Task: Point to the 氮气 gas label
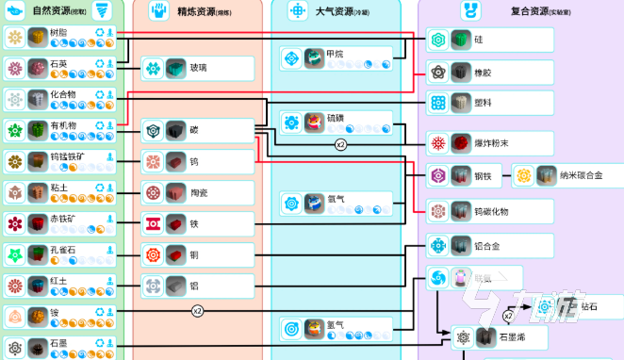(336, 326)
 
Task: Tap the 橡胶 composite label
(484, 71)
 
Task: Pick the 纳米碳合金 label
(581, 175)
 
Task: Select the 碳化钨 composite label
(492, 211)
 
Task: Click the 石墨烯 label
(512, 336)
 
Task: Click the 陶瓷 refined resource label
(199, 193)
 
